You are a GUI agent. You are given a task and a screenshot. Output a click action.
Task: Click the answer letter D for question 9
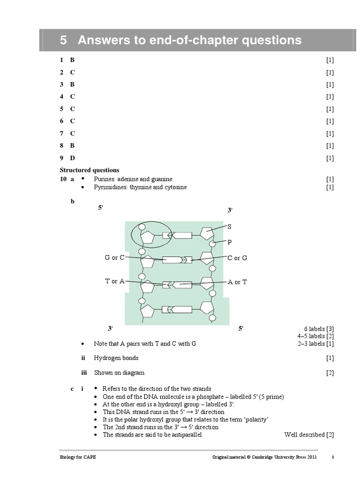(x=73, y=158)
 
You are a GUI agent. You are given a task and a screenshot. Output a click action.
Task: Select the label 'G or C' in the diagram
(x=114, y=257)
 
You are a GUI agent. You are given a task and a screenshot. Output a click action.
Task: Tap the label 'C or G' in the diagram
(x=237, y=258)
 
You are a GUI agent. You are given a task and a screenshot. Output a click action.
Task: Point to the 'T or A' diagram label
(x=114, y=281)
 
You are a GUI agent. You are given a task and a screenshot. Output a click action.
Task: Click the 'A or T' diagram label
(x=237, y=282)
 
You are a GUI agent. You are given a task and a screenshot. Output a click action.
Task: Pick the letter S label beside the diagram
(x=230, y=226)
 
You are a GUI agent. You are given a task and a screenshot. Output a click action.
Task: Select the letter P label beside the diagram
(x=230, y=242)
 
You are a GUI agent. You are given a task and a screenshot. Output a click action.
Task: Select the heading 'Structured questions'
(x=90, y=170)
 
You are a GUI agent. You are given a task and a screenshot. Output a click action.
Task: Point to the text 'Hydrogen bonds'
(x=116, y=358)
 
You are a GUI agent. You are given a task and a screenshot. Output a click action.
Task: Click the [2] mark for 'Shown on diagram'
(x=330, y=373)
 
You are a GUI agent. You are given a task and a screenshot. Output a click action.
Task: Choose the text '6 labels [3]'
(x=318, y=329)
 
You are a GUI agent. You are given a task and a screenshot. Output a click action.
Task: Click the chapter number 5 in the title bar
(x=64, y=40)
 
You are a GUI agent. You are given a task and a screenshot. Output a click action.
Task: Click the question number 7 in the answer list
(x=61, y=134)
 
